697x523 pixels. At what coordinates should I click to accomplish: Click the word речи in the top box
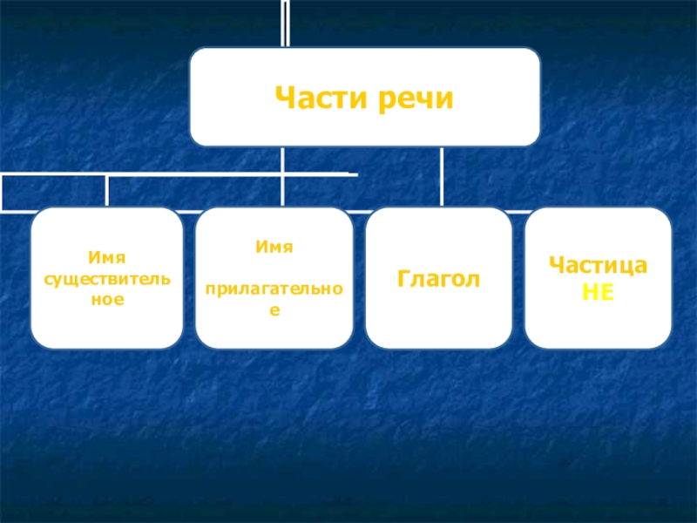pos(416,98)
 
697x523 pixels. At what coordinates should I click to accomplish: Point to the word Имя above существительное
pos(107,258)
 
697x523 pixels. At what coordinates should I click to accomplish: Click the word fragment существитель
pos(107,278)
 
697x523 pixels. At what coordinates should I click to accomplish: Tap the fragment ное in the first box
pos(107,298)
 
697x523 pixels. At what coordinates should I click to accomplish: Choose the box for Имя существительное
pos(107,327)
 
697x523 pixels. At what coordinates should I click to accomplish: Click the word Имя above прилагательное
pos(274,248)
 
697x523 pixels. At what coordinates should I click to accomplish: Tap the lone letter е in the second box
pos(274,309)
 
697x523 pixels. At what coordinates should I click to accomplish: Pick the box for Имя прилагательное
pos(274,331)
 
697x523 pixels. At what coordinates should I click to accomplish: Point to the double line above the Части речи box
pos(285,24)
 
